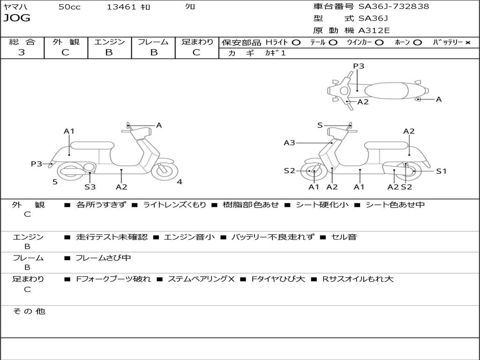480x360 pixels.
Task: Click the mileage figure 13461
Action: point(121,7)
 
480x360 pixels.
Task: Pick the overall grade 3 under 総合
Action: point(22,52)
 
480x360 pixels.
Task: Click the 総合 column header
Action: point(22,42)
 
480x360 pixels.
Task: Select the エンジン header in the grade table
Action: point(109,42)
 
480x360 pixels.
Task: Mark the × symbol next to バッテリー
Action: point(467,42)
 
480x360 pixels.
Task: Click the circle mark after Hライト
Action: point(296,42)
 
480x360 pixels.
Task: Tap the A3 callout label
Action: point(289,142)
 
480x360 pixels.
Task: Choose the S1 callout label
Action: point(441,171)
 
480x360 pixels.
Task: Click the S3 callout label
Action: point(90,187)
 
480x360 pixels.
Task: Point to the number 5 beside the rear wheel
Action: point(55,182)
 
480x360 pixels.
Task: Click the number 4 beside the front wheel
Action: point(180,182)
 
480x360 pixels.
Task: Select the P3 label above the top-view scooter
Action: point(359,66)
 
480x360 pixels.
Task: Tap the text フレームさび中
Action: point(103,258)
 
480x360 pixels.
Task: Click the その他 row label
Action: point(29,311)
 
